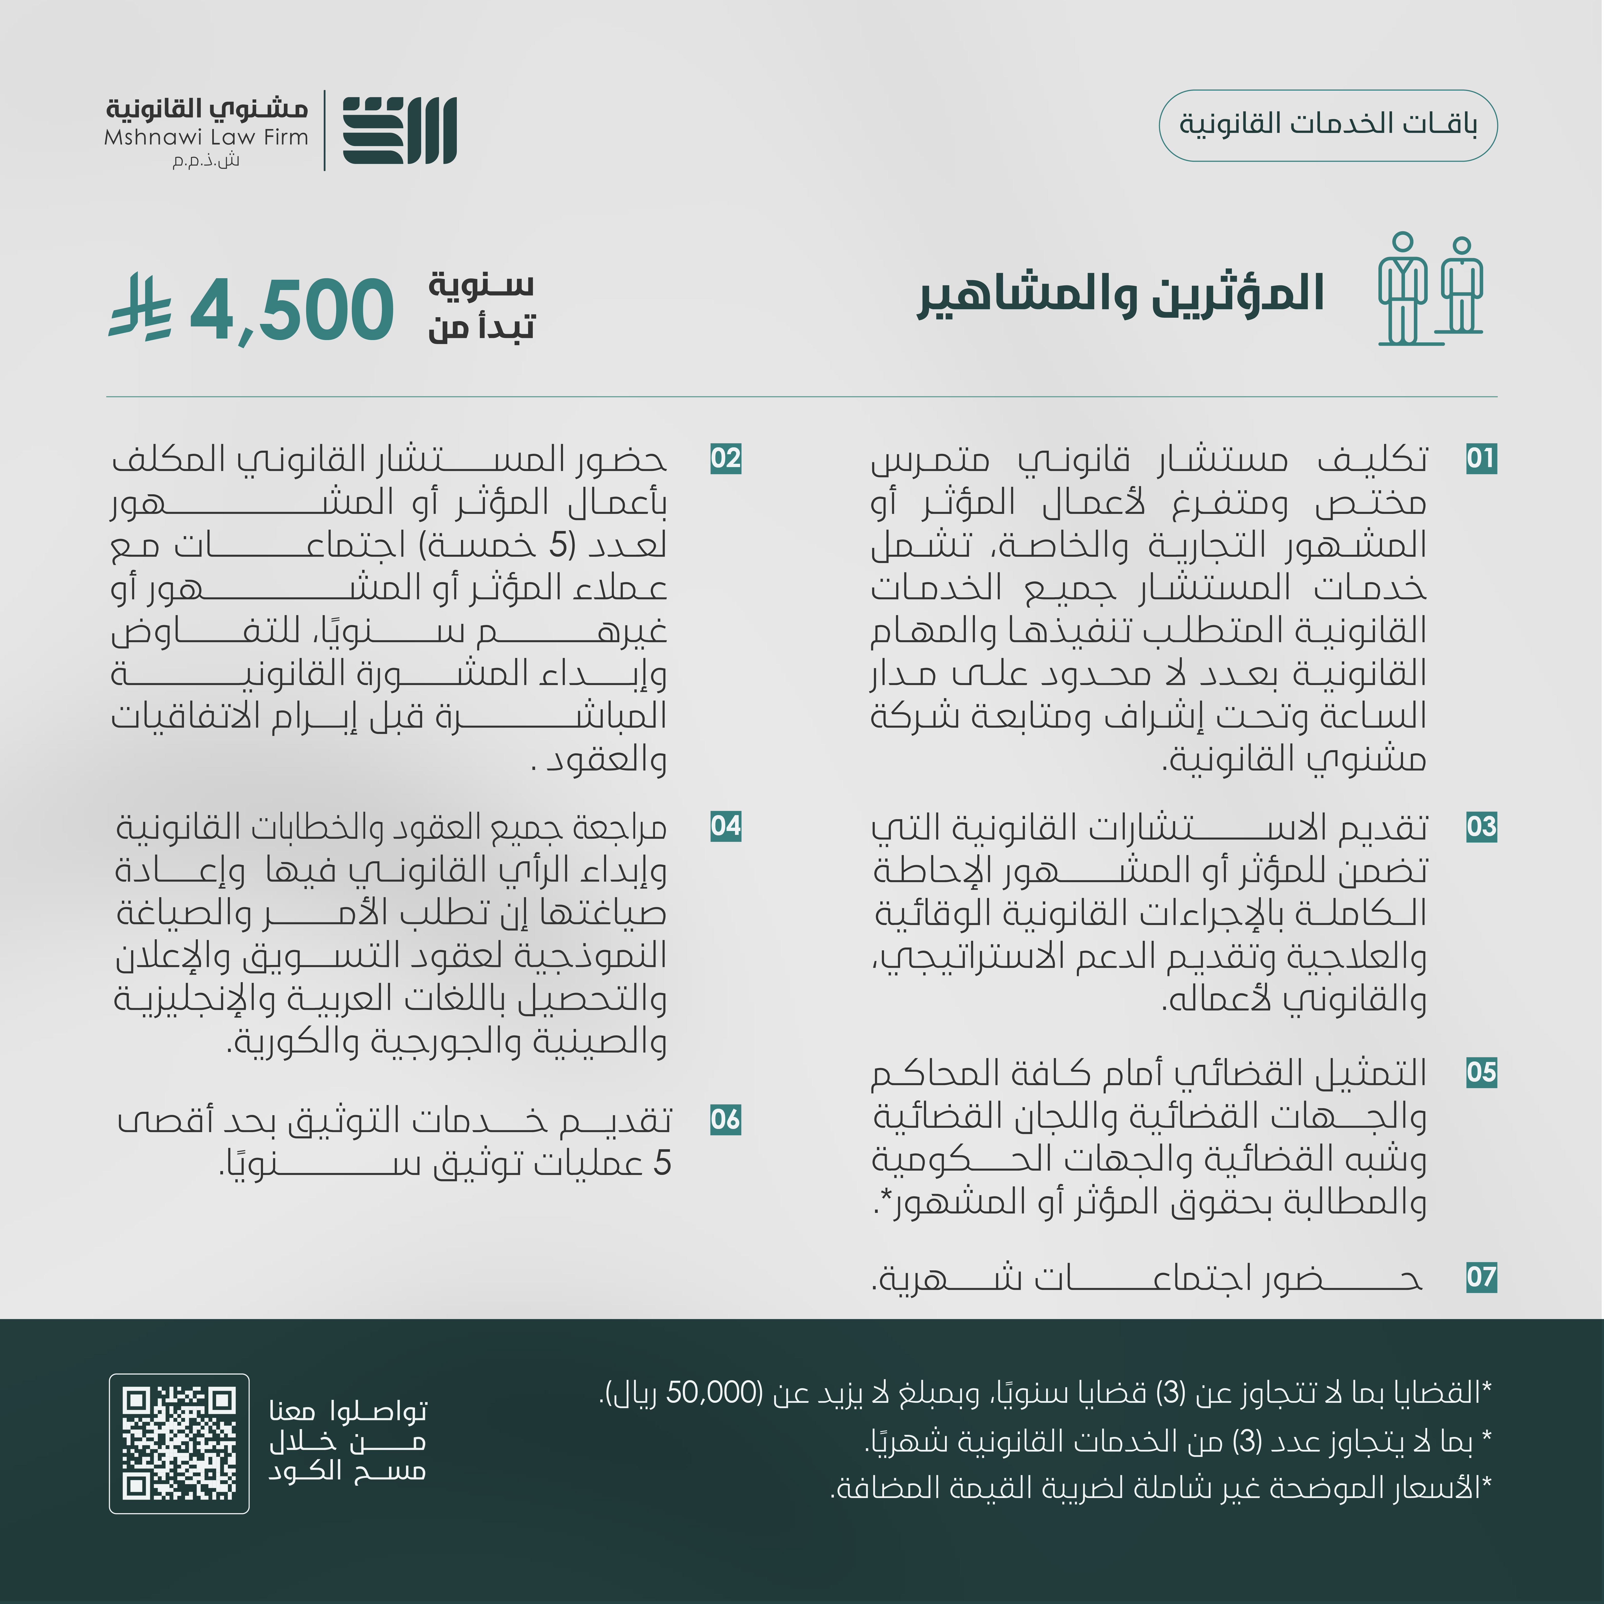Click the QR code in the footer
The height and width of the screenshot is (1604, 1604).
pyautogui.click(x=179, y=1443)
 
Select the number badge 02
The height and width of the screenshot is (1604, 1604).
pyautogui.click(x=726, y=458)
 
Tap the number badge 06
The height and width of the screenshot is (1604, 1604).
pyautogui.click(x=726, y=1120)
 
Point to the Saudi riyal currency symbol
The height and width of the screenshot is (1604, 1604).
pyautogui.click(x=139, y=307)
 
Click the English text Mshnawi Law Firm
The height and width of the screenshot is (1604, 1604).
pyautogui.click(x=206, y=137)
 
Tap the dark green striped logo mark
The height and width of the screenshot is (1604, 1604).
pyautogui.click(x=399, y=130)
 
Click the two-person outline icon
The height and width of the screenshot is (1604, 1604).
pyautogui.click(x=1430, y=289)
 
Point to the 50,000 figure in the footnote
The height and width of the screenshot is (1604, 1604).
pyautogui.click(x=713, y=1392)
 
